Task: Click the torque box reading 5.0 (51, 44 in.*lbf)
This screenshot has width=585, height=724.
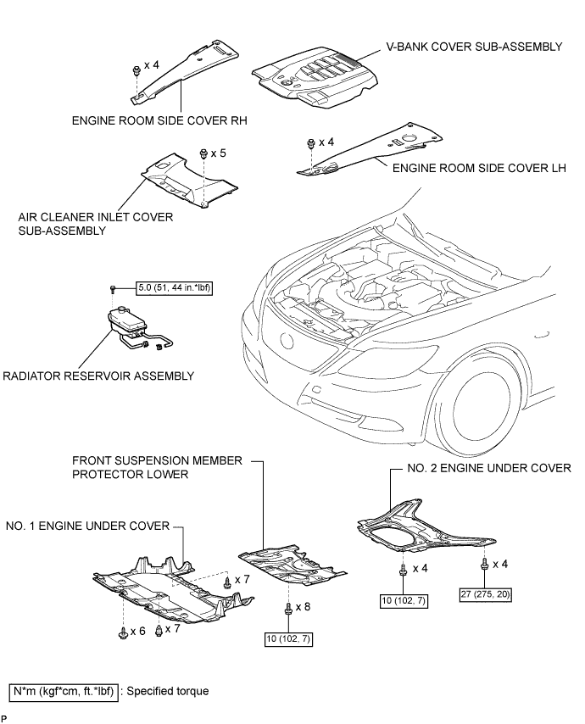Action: click(173, 289)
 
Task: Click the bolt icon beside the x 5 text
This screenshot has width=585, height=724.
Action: click(203, 153)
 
